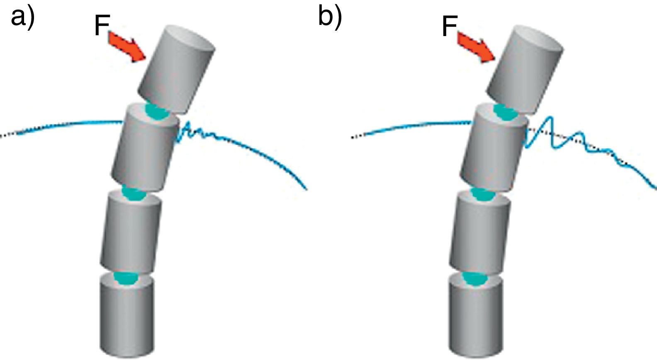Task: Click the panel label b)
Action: pos(330,17)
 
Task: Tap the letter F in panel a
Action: pos(102,26)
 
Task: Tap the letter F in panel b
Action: pos(449,26)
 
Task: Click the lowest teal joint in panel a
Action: pos(127,278)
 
